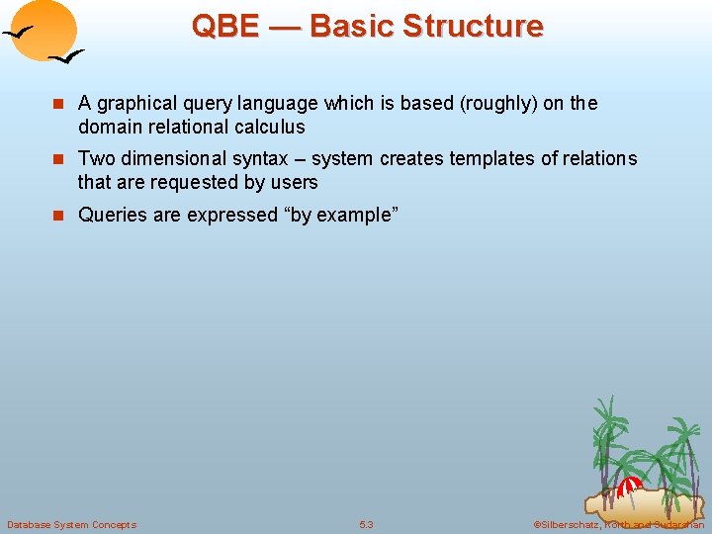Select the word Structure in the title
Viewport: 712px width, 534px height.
point(478,26)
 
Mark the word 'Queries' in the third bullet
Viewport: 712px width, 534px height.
point(111,214)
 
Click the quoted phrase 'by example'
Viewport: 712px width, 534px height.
point(339,214)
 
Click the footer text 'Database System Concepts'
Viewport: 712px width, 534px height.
point(71,524)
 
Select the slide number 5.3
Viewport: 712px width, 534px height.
point(366,524)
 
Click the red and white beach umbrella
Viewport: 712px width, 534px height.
point(629,486)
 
